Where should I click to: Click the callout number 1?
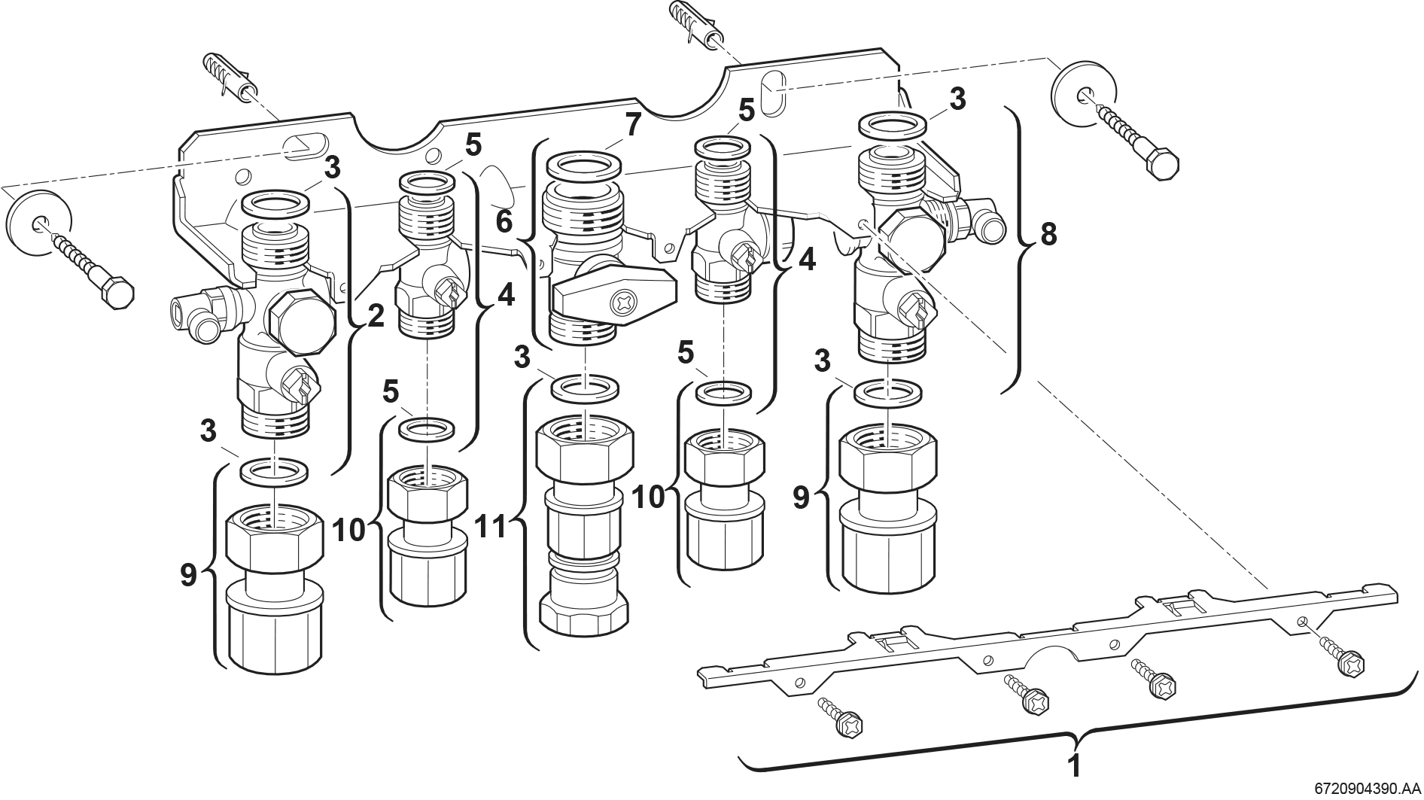click(1075, 766)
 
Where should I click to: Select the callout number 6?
click(504, 222)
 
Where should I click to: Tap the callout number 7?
click(631, 126)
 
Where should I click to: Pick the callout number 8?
click(1048, 235)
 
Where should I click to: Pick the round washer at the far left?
click(38, 221)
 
